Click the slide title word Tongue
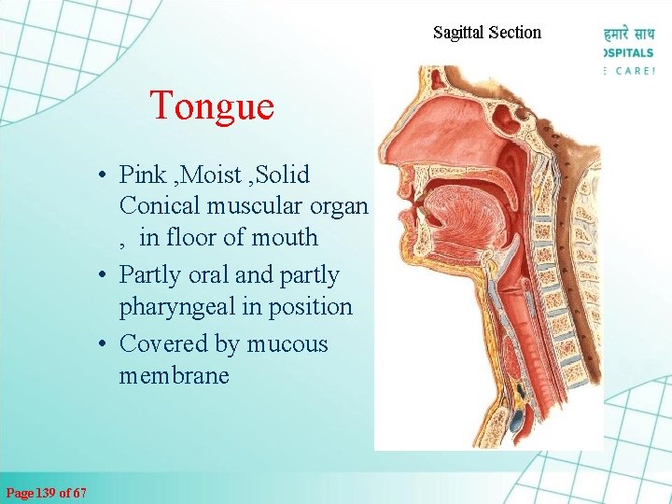click(x=212, y=105)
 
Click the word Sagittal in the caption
click(x=458, y=33)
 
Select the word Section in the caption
click(x=514, y=33)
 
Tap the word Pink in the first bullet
click(x=142, y=175)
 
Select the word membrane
click(x=174, y=375)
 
